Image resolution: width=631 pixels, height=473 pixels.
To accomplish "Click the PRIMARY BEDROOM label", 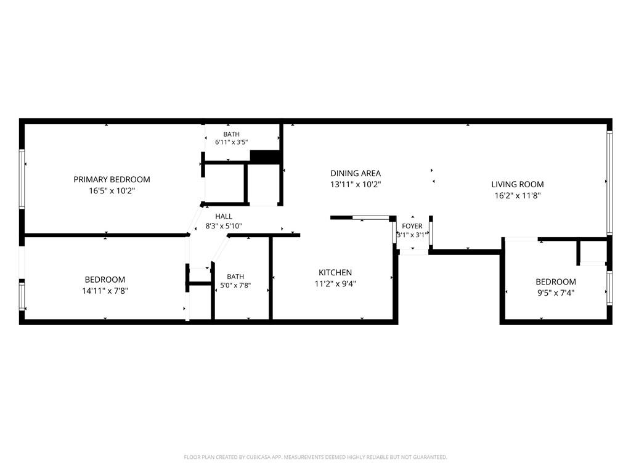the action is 112,179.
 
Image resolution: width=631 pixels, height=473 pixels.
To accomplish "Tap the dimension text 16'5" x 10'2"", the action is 112,191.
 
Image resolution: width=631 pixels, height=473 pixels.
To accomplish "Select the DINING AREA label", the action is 356,173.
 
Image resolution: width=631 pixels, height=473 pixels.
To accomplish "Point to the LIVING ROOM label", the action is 517,184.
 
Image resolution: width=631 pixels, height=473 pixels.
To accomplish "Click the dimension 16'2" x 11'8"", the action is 517,195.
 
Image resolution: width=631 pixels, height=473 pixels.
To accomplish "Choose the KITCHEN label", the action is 335,272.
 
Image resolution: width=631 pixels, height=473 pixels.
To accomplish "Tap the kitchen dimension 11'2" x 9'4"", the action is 335,283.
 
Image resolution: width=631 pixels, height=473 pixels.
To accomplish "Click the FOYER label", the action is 412,226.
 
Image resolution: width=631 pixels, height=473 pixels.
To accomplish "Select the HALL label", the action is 223,216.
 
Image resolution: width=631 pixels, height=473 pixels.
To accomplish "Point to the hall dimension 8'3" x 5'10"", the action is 223,226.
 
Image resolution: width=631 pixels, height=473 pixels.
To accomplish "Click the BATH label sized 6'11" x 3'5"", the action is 232,134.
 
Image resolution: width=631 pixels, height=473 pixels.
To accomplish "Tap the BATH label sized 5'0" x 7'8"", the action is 235,277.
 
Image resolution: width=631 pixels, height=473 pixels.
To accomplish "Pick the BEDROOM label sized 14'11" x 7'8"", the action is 105,280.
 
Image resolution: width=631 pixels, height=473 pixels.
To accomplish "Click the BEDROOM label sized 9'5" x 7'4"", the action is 555,281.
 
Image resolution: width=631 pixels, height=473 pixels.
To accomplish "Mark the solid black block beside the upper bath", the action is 265,156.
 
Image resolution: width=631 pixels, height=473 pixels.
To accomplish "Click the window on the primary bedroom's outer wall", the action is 22,179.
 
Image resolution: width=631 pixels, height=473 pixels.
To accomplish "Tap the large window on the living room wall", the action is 609,183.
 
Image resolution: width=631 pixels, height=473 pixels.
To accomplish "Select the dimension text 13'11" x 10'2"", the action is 356,185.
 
